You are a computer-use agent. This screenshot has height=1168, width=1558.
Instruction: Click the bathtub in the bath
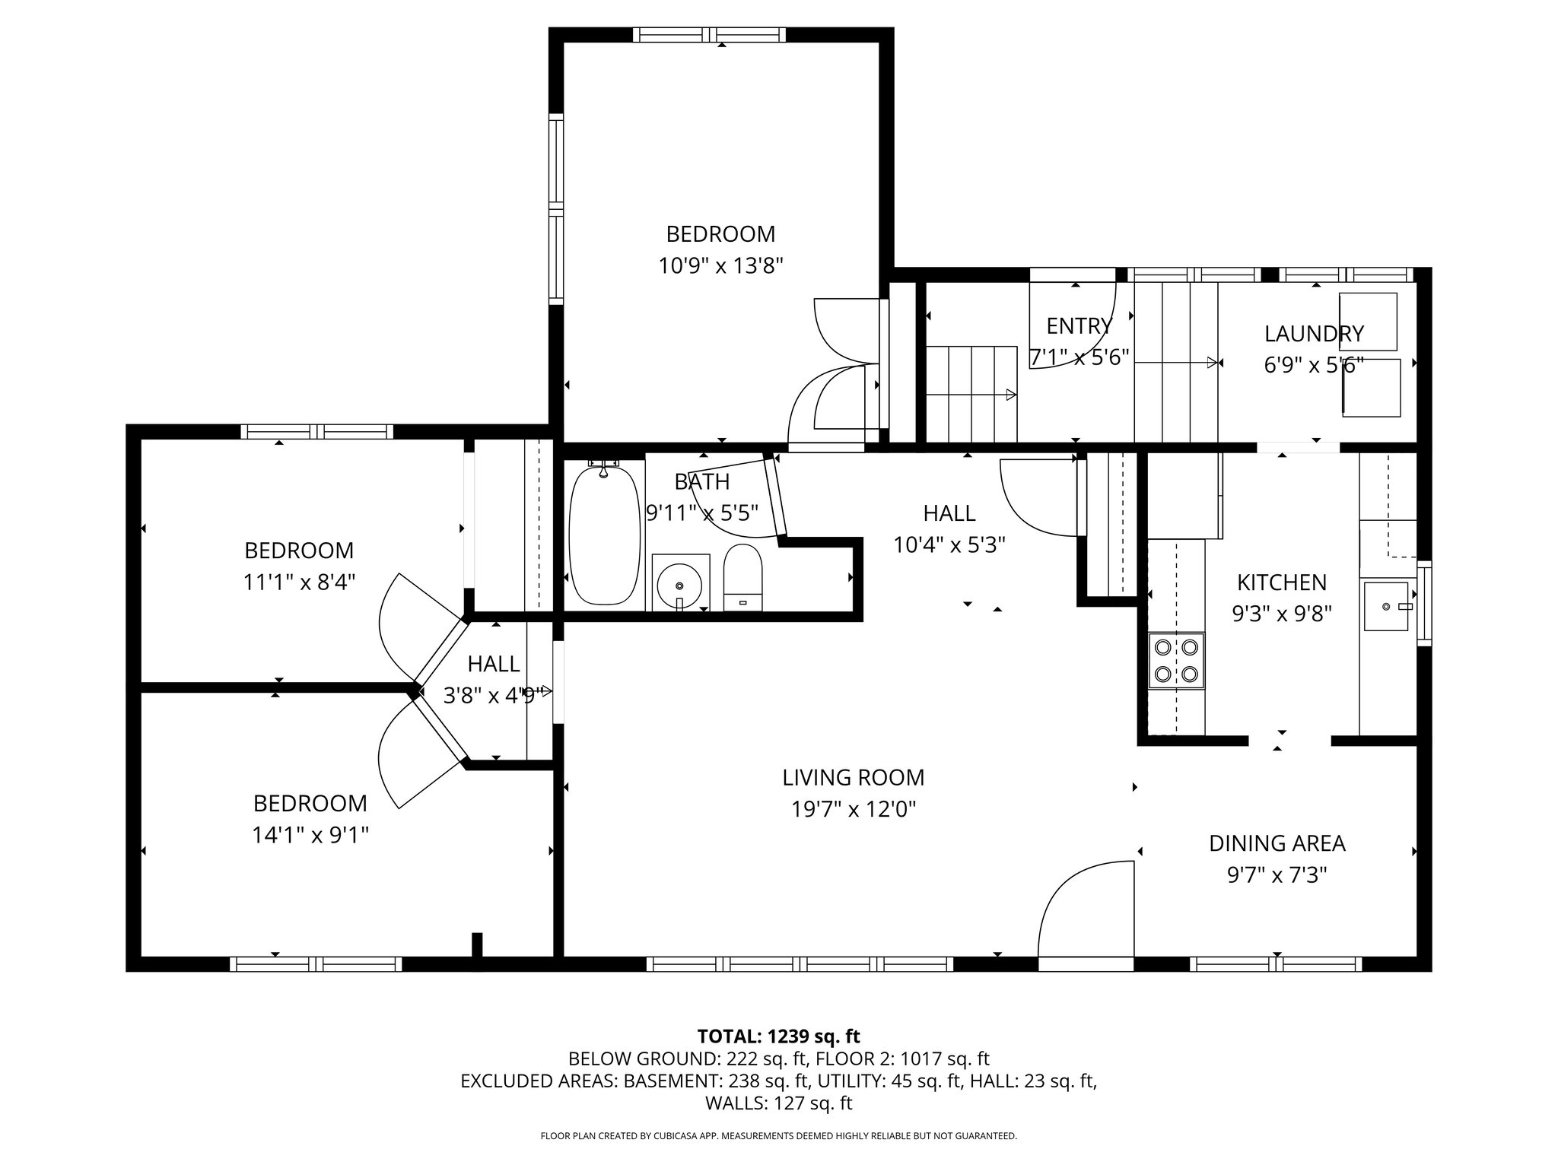pos(605,535)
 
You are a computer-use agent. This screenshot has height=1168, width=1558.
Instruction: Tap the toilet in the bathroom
pos(742,578)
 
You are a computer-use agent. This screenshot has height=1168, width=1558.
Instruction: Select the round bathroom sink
pos(680,582)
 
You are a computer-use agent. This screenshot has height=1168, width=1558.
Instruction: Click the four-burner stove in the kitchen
pos(1176,661)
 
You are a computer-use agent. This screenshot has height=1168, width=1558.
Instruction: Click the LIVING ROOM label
pos(854,778)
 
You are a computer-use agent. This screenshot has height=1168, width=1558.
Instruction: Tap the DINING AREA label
pos(1277,843)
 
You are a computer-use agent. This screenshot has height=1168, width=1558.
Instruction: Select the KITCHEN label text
pos(1282,582)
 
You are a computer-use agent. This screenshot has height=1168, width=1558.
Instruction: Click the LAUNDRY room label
pos(1314,334)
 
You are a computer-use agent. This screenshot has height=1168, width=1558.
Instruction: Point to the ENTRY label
pos(1079,326)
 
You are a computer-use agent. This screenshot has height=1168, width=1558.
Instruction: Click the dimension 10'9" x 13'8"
pos(720,265)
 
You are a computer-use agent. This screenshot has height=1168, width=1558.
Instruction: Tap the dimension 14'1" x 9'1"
pos(310,836)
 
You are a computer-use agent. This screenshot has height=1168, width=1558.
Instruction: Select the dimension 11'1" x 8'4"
pos(300,582)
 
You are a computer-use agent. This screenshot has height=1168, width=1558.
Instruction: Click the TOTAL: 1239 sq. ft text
pos(779,1036)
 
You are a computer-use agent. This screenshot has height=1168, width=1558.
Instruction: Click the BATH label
pos(701,482)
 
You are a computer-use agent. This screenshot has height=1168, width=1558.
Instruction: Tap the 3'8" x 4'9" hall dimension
pos(494,695)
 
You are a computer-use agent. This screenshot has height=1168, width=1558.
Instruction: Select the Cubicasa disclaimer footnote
pos(778,1136)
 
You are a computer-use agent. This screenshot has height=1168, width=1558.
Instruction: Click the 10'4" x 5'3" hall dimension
pos(949,545)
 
